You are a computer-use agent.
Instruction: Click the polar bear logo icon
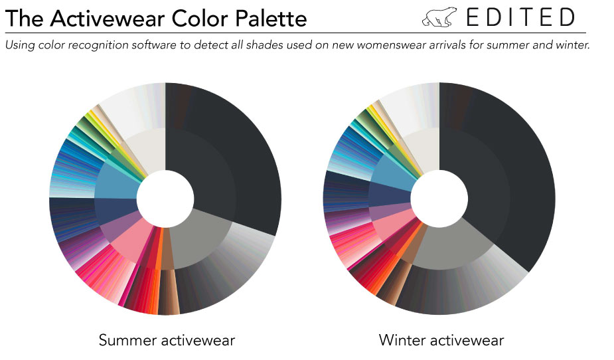[x=439, y=17]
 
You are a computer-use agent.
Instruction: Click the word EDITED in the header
[x=521, y=17]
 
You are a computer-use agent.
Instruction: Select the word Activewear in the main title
[x=108, y=18]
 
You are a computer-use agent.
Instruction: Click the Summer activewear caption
[x=167, y=339]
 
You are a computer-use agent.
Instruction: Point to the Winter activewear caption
[x=441, y=339]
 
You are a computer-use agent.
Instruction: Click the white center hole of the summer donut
[x=165, y=198]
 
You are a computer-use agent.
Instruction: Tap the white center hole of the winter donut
[x=439, y=198]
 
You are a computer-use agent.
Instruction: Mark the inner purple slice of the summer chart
[x=118, y=228]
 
